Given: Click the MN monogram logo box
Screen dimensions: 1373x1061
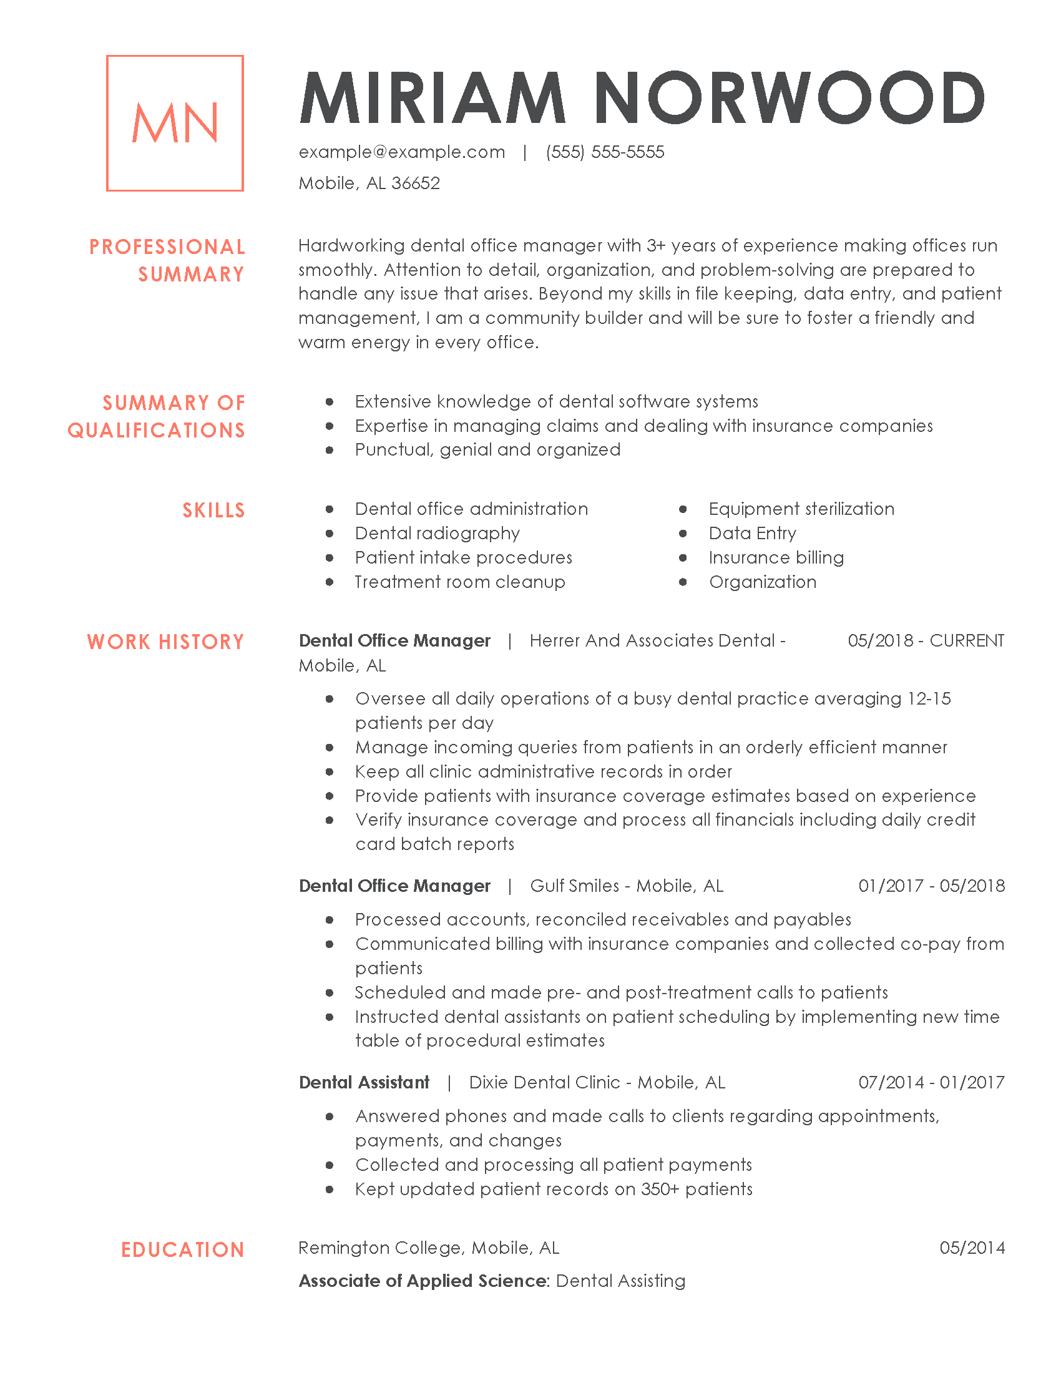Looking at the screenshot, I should (175, 123).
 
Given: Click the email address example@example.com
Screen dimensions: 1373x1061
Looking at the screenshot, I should (402, 152).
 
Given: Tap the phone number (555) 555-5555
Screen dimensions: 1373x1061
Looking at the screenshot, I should (605, 152).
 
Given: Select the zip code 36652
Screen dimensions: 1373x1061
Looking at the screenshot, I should (416, 183).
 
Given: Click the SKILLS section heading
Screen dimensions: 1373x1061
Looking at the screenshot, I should (213, 511).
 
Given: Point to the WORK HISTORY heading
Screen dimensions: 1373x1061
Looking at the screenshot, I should (165, 642).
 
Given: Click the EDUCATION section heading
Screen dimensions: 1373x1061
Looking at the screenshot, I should (182, 1250).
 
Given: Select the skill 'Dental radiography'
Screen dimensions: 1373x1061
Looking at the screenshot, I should (437, 534).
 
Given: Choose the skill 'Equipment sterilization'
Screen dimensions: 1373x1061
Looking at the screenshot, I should (801, 509).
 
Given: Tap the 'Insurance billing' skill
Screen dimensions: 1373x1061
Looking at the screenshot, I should (776, 557).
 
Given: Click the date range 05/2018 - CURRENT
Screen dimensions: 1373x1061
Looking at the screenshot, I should (926, 640).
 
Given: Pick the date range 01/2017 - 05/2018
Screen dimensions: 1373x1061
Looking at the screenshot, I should (932, 886).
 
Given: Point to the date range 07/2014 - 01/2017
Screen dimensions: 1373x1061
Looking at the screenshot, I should (932, 1083).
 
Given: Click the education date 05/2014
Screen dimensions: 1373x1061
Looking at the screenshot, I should (972, 1248).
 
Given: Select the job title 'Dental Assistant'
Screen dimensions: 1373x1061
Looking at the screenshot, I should (364, 1083).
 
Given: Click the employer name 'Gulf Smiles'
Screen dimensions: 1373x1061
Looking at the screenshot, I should (574, 886).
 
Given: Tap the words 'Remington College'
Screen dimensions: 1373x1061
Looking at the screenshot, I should (381, 1248).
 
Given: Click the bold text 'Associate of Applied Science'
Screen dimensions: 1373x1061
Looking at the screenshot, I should (423, 1281).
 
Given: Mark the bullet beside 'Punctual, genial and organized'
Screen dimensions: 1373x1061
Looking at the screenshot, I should (330, 450).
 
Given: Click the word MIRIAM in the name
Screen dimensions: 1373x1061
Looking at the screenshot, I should (433, 99).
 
